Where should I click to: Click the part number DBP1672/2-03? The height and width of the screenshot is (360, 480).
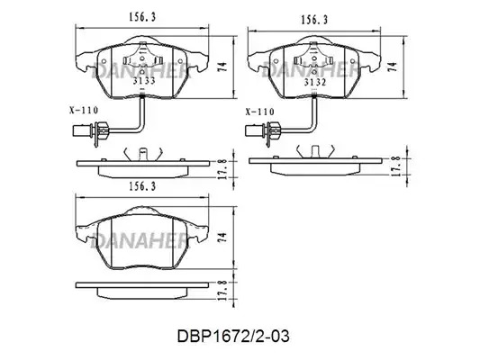pyautogui.click(x=233, y=337)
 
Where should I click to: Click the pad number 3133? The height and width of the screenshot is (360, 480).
pyautogui.click(x=144, y=81)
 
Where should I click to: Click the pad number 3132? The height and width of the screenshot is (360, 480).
pyautogui.click(x=315, y=82)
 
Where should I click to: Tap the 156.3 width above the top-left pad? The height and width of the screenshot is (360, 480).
pyautogui.click(x=142, y=17)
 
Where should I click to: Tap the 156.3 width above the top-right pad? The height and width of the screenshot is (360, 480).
pyautogui.click(x=314, y=20)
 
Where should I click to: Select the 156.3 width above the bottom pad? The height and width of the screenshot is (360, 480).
pyautogui.click(x=142, y=186)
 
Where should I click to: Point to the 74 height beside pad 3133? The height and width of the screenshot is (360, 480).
pyautogui.click(x=223, y=67)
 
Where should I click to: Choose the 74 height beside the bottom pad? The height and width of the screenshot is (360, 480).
pyautogui.click(x=223, y=238)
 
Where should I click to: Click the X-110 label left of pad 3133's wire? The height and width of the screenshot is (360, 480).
pyautogui.click(x=84, y=110)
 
